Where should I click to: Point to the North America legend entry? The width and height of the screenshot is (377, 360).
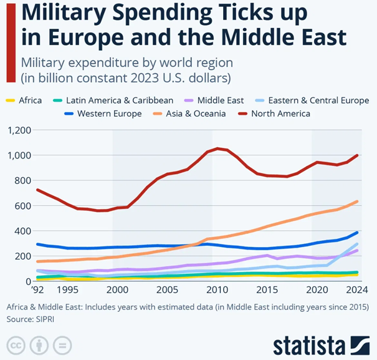tap(279, 114)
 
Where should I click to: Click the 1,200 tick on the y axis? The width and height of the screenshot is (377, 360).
tap(18, 130)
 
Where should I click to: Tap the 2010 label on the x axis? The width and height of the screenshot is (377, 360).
tap(216, 290)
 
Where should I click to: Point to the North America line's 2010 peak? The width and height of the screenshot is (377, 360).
tap(217, 148)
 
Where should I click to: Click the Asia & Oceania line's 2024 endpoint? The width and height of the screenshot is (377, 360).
tap(357, 201)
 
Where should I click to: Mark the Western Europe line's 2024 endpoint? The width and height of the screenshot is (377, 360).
tap(357, 232)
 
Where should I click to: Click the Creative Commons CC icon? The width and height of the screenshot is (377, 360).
tap(16, 344)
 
